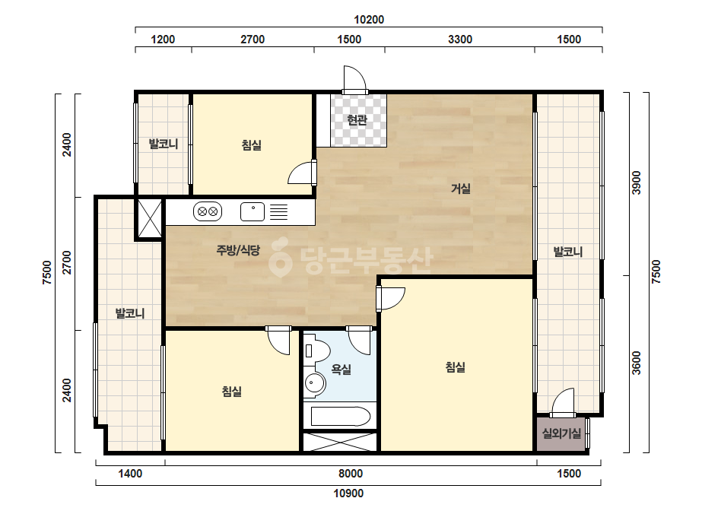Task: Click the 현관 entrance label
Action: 357,120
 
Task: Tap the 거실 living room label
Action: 461,189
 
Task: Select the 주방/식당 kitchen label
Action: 238,250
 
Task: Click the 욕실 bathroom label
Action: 341,370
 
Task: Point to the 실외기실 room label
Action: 562,433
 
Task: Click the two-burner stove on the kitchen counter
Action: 208,211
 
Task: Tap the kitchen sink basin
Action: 253,211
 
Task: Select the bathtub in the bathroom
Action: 340,416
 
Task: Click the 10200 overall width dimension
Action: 369,20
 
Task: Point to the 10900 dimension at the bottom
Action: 348,493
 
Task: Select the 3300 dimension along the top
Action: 460,40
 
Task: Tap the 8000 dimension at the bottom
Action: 351,474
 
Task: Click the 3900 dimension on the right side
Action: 636,182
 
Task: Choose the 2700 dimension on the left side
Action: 67,263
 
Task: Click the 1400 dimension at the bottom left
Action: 130,474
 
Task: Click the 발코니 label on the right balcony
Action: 568,252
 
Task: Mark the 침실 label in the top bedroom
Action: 252,145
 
